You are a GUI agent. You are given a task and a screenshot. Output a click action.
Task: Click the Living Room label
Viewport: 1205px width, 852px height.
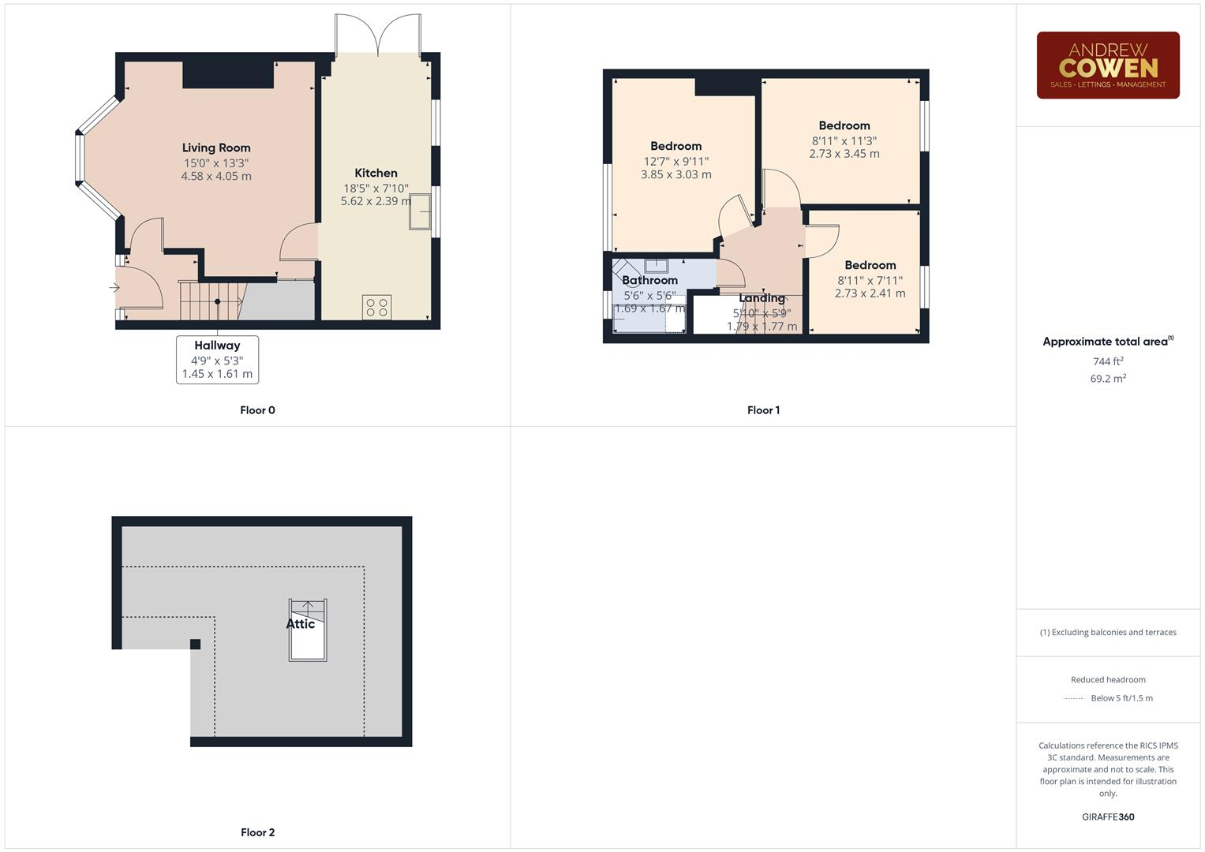pyautogui.click(x=216, y=148)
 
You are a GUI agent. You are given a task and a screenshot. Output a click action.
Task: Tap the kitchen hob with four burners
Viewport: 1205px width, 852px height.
pyautogui.click(x=376, y=307)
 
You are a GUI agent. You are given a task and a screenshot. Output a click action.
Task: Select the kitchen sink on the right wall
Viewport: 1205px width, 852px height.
pyautogui.click(x=420, y=211)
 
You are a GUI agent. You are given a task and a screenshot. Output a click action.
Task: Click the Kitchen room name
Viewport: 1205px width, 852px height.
pyautogui.click(x=376, y=173)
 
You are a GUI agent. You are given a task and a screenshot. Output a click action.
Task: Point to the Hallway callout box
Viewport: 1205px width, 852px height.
pyautogui.click(x=217, y=359)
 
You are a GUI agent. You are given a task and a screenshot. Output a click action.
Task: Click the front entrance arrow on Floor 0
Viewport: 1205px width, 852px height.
pyautogui.click(x=114, y=288)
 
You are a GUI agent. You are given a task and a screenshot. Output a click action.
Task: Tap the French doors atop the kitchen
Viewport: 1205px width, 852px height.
pyautogui.click(x=377, y=35)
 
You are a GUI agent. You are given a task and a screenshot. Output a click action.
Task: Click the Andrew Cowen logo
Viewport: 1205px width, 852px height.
pyautogui.click(x=1107, y=65)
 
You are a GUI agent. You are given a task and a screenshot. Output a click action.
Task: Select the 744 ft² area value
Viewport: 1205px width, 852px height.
pyautogui.click(x=1107, y=361)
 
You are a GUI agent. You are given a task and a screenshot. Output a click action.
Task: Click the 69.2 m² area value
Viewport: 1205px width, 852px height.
pyautogui.click(x=1107, y=379)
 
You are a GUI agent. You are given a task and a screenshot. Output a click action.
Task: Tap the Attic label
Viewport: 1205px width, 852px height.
pyautogui.click(x=300, y=624)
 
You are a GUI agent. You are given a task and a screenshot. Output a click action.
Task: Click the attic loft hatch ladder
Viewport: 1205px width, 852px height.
pyautogui.click(x=308, y=630)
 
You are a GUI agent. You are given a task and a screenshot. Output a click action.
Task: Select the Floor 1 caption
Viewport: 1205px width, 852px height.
pyautogui.click(x=763, y=410)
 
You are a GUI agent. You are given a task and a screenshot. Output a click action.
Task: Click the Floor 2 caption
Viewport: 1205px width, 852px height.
pyautogui.click(x=257, y=832)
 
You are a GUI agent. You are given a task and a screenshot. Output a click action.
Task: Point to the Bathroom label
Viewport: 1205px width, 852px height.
pyautogui.click(x=649, y=280)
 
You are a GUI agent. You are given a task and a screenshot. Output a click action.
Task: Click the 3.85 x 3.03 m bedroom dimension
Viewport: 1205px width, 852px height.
pyautogui.click(x=675, y=174)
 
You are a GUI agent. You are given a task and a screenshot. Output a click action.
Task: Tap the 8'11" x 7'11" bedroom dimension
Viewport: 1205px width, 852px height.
pyautogui.click(x=870, y=280)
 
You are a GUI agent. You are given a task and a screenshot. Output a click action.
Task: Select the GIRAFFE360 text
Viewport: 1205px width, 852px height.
pyautogui.click(x=1107, y=816)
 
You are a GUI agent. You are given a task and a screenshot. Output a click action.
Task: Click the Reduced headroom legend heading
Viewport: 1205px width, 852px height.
pyautogui.click(x=1107, y=679)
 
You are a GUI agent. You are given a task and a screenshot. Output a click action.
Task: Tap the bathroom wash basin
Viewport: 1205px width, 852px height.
pyautogui.click(x=656, y=266)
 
